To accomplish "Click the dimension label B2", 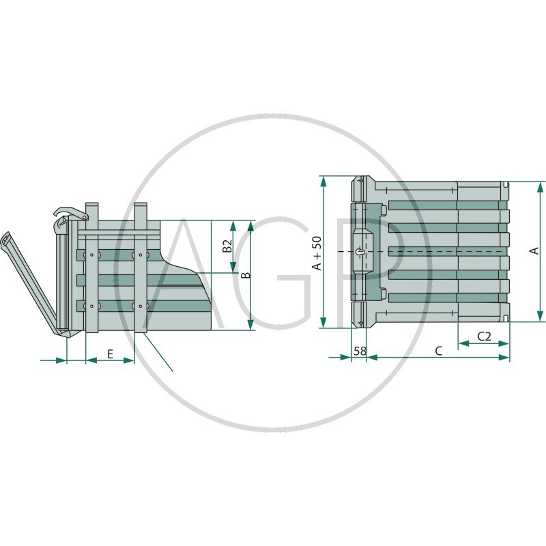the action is click(227, 246).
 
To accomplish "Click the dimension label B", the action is click(246, 275).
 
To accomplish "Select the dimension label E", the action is click(110, 354).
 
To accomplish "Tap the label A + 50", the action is click(317, 253).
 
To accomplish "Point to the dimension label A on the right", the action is click(534, 250).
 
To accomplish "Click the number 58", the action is click(360, 351).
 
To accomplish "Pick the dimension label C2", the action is click(484, 336).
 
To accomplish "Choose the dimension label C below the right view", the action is click(439, 351).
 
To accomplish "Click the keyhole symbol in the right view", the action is click(360, 252).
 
